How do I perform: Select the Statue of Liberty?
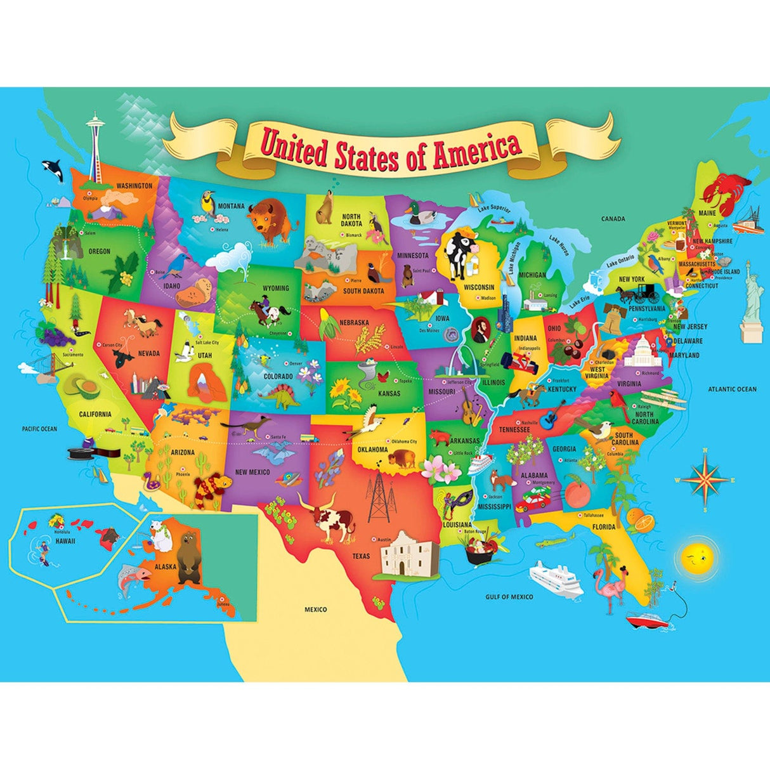coord(752,298)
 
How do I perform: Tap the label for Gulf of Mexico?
coord(509,597)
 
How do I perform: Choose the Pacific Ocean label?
coord(39,429)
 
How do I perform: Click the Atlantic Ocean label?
coord(732,389)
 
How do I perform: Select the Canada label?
coord(613,219)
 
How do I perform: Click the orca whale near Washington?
coord(51,170)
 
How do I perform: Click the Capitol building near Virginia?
coord(643,352)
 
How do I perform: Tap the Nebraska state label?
coord(353,322)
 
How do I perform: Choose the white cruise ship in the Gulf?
coord(554,578)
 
